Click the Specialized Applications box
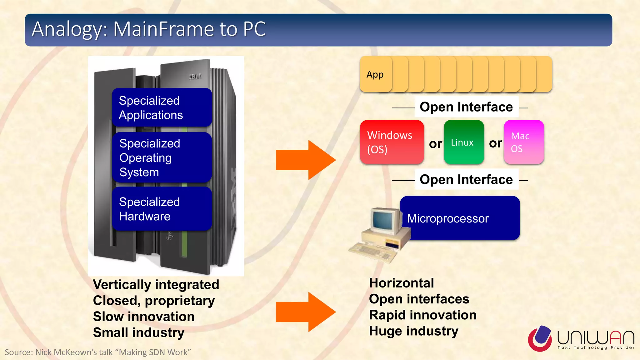click(162, 107)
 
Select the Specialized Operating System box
click(162, 157)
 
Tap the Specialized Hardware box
click(162, 209)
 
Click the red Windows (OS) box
click(392, 142)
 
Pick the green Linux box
click(464, 142)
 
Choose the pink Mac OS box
click(524, 142)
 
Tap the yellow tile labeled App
click(375, 74)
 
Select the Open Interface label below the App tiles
click(466, 107)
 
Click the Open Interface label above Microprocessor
click(466, 179)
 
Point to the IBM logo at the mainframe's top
click(195, 77)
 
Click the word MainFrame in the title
click(164, 29)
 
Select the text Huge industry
click(413, 331)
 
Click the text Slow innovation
click(144, 317)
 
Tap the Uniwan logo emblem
click(540, 338)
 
